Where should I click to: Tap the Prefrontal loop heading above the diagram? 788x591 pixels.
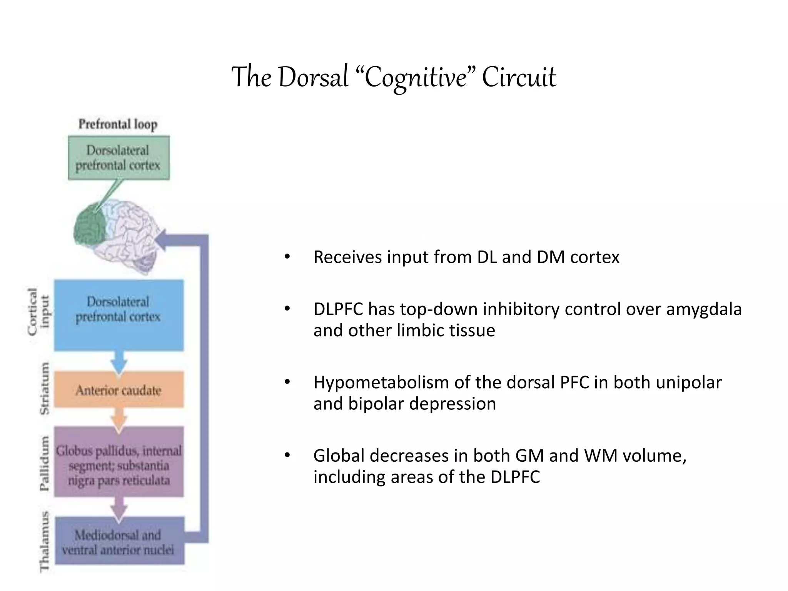point(118,124)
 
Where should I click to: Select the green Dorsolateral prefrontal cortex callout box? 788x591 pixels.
point(119,157)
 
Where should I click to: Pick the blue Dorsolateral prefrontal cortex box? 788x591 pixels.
point(119,315)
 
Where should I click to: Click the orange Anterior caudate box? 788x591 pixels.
point(119,390)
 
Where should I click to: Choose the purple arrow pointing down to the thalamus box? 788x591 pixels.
point(119,508)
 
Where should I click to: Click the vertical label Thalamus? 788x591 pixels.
point(45,542)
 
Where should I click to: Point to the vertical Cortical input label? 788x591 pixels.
point(38,312)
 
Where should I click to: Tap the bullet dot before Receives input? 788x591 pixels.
point(287,257)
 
